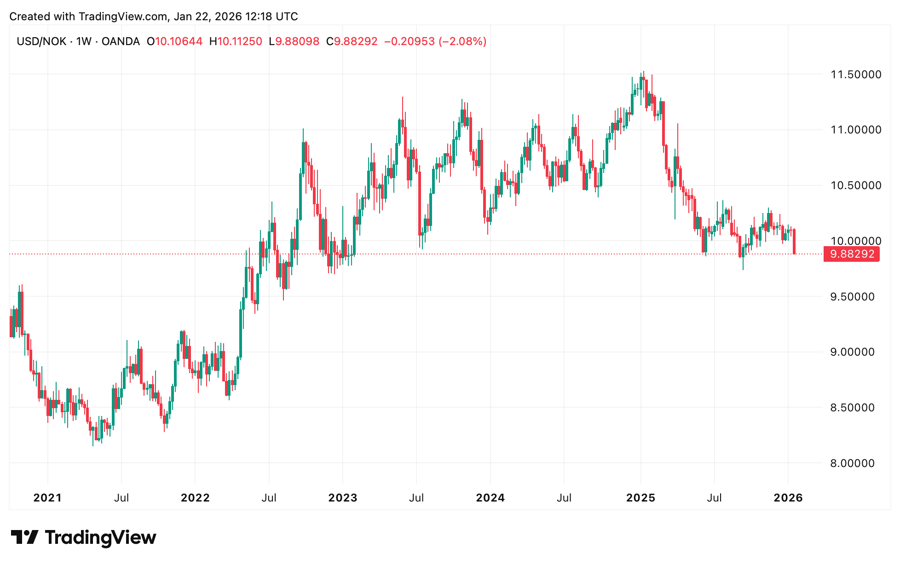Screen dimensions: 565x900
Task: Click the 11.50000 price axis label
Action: [855, 75]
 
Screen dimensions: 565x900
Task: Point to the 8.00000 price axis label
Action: [852, 463]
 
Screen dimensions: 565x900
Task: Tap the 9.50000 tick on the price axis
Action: [852, 297]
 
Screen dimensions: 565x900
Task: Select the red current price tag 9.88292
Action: [852, 254]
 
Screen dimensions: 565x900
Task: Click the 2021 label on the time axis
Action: [47, 498]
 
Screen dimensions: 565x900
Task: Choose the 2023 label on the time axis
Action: [343, 498]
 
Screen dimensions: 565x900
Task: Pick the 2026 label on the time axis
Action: [788, 498]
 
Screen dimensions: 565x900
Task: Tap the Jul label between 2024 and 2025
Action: [564, 498]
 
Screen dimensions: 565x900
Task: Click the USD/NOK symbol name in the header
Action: [41, 41]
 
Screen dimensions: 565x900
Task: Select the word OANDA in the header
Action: [121, 41]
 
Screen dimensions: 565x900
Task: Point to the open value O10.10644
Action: [174, 41]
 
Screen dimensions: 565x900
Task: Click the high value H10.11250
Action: [236, 41]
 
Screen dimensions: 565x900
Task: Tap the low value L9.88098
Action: [294, 41]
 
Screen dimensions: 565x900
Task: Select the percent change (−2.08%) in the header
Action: [462, 41]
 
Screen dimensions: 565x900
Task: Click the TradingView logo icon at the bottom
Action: [24, 537]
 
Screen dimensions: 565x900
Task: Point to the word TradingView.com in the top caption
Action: [123, 17]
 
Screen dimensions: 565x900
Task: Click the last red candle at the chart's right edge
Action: [795, 242]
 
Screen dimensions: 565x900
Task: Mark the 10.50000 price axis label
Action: [855, 185]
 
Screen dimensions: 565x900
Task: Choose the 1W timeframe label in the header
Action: [84, 41]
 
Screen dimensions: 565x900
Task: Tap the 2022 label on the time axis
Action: [195, 498]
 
